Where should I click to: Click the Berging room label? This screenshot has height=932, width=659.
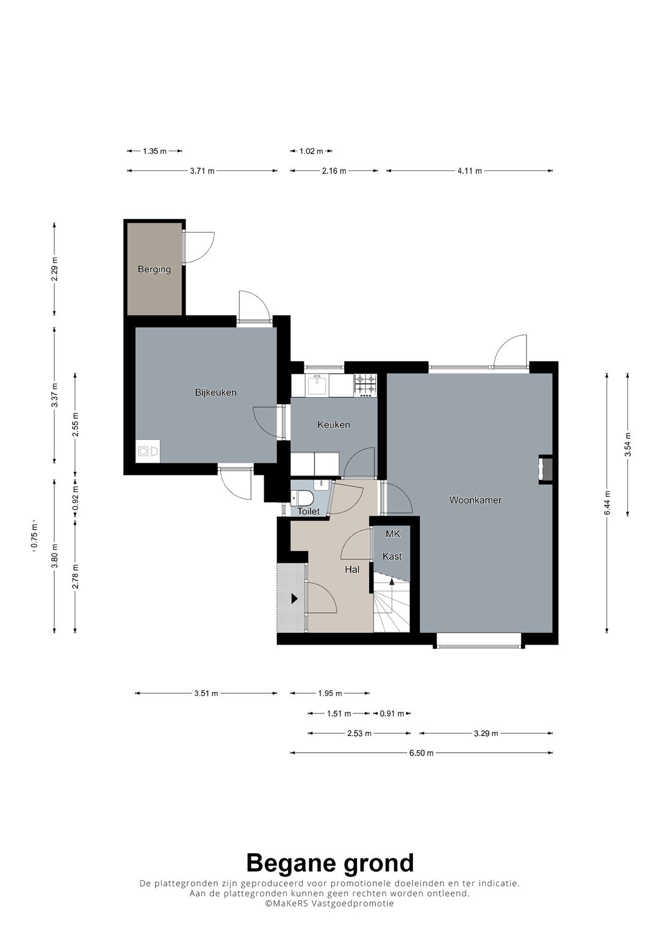tap(154, 270)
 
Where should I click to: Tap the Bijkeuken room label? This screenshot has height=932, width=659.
tap(216, 392)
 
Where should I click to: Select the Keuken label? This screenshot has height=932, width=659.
tap(334, 424)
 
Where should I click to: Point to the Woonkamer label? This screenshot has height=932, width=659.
tap(475, 500)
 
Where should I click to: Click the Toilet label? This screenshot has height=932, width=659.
tap(308, 511)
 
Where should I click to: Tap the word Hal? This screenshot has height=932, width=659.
tap(352, 569)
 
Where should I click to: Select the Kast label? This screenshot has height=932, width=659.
tap(392, 556)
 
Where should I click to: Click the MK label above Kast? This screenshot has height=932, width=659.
tap(393, 534)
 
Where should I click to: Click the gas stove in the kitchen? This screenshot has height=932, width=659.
tap(365, 385)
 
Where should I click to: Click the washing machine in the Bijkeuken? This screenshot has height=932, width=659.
tap(148, 450)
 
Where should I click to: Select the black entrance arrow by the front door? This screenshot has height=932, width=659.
tap(295, 599)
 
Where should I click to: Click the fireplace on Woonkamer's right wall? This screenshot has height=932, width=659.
tap(545, 470)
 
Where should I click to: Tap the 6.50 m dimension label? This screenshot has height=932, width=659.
tap(422, 753)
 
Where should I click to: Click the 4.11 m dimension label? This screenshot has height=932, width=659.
tap(470, 170)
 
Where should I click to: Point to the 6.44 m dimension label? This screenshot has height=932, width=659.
tap(607, 503)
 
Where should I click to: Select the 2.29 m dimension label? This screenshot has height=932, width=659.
tap(54, 269)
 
